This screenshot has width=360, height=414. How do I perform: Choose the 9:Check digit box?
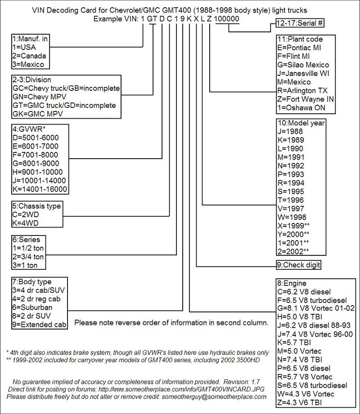click(298, 265)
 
